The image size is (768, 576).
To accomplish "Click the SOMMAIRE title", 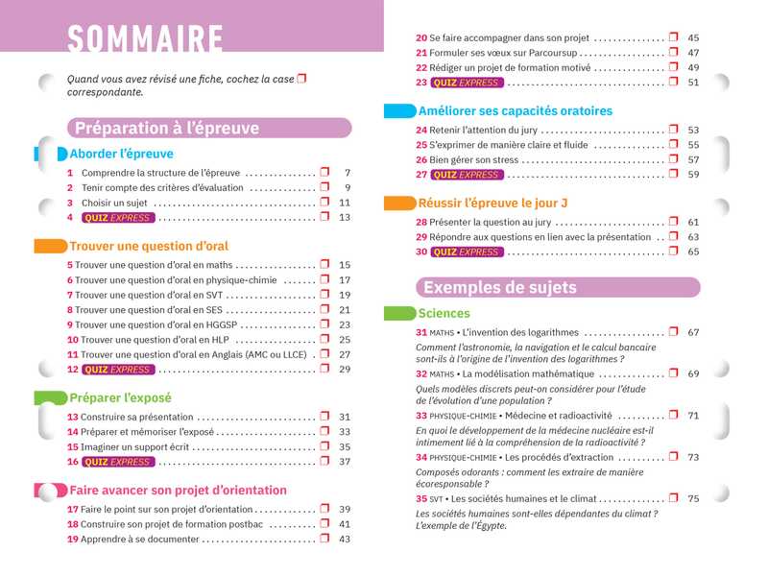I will click(x=145, y=40).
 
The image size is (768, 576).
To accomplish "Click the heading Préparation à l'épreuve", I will click(x=167, y=128).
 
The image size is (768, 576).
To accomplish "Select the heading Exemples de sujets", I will click(x=500, y=287).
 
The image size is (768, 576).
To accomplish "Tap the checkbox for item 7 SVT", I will click(x=324, y=295).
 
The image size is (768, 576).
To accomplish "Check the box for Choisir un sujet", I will click(x=324, y=203).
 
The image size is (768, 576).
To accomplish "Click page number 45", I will click(x=693, y=37).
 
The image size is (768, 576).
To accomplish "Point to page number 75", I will click(x=693, y=498).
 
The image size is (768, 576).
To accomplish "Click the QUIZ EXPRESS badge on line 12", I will click(x=117, y=370).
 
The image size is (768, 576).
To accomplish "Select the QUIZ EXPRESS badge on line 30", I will click(x=467, y=252).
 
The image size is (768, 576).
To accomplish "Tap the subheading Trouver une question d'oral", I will click(x=149, y=247).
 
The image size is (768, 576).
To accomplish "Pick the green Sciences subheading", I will click(x=444, y=314).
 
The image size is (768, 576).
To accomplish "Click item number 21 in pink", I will click(x=420, y=53).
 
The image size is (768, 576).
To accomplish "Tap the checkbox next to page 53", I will click(x=674, y=129).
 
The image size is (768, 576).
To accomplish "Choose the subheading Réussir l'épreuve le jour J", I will click(x=493, y=204).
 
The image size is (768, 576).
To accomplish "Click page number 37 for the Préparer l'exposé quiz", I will click(x=345, y=462).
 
